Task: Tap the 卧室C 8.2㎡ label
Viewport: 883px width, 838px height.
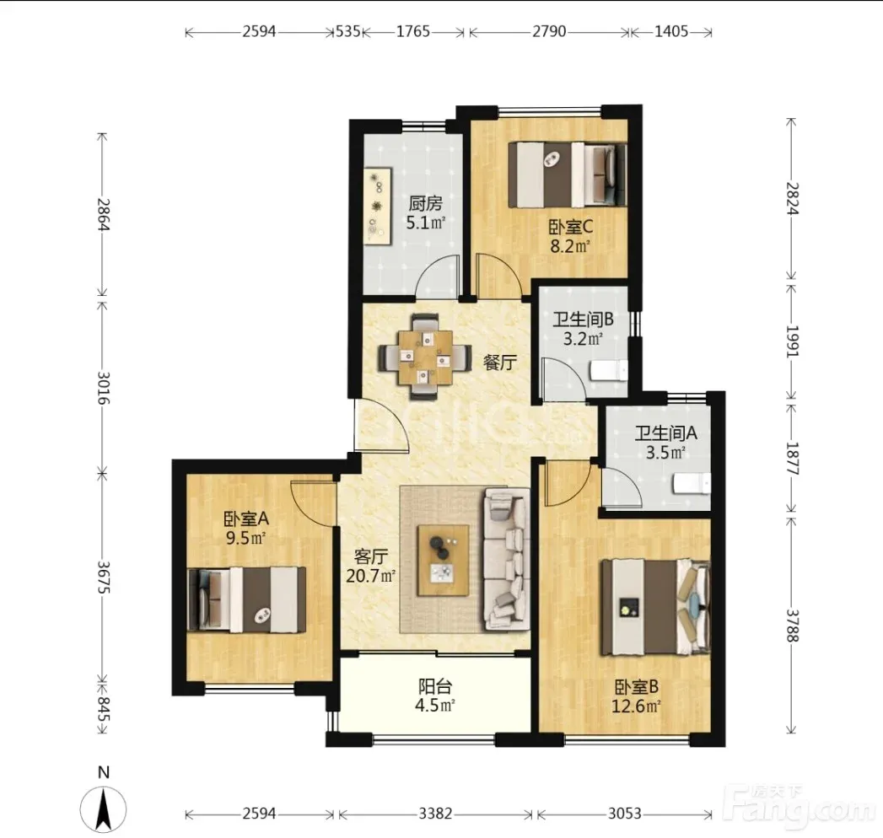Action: pyautogui.click(x=570, y=237)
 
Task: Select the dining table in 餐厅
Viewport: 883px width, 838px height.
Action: pyautogui.click(x=425, y=357)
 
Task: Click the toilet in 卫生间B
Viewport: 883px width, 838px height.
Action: pyautogui.click(x=608, y=370)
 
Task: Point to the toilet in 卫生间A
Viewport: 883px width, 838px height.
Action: pyautogui.click(x=692, y=483)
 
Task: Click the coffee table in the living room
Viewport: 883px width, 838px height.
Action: pyautogui.click(x=443, y=561)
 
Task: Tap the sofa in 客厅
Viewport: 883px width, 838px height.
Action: pyautogui.click(x=506, y=560)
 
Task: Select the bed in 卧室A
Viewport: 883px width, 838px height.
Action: pyautogui.click(x=246, y=599)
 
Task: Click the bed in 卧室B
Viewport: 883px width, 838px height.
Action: pyautogui.click(x=655, y=607)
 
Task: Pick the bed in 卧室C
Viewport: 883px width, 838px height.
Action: pyautogui.click(x=567, y=175)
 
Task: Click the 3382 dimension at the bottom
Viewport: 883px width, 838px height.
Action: pyautogui.click(x=434, y=814)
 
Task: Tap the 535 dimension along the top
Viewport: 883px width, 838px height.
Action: pyautogui.click(x=347, y=31)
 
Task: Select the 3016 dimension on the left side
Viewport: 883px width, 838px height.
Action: pyautogui.click(x=103, y=388)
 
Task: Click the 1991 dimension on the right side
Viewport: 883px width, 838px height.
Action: pyautogui.click(x=792, y=341)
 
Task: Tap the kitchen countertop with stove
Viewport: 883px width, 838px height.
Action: pyautogui.click(x=377, y=206)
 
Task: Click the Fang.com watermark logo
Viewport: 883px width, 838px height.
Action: pyautogui.click(x=798, y=808)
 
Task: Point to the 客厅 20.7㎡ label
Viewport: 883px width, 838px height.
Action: pyautogui.click(x=370, y=567)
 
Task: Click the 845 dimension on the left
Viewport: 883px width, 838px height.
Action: pyautogui.click(x=103, y=709)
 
